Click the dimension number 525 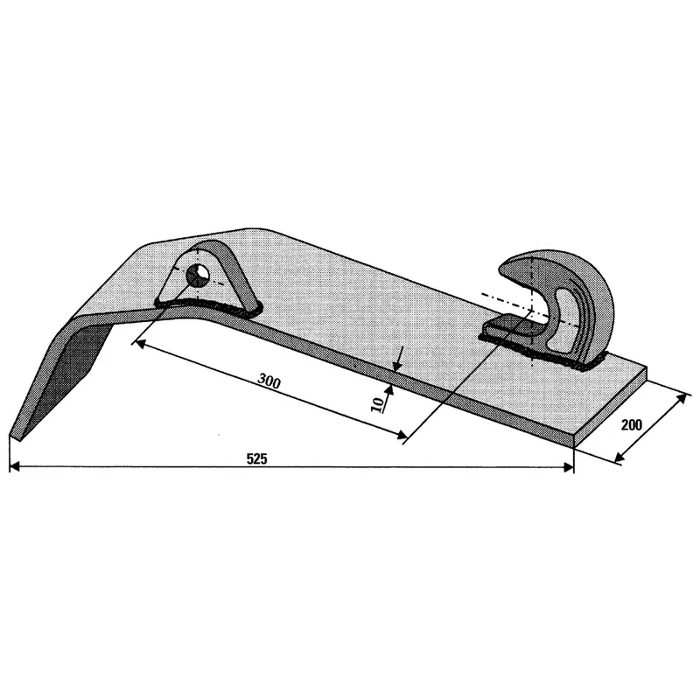(256, 458)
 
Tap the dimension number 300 (269, 381)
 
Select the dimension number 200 (632, 424)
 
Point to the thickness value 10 (378, 404)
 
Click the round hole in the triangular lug (198, 275)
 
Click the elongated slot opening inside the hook (563, 318)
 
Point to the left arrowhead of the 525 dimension (14, 467)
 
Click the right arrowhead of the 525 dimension (568, 467)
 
